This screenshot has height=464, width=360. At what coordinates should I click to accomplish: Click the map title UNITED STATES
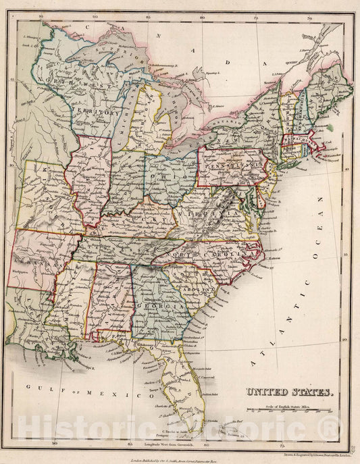point(288,392)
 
